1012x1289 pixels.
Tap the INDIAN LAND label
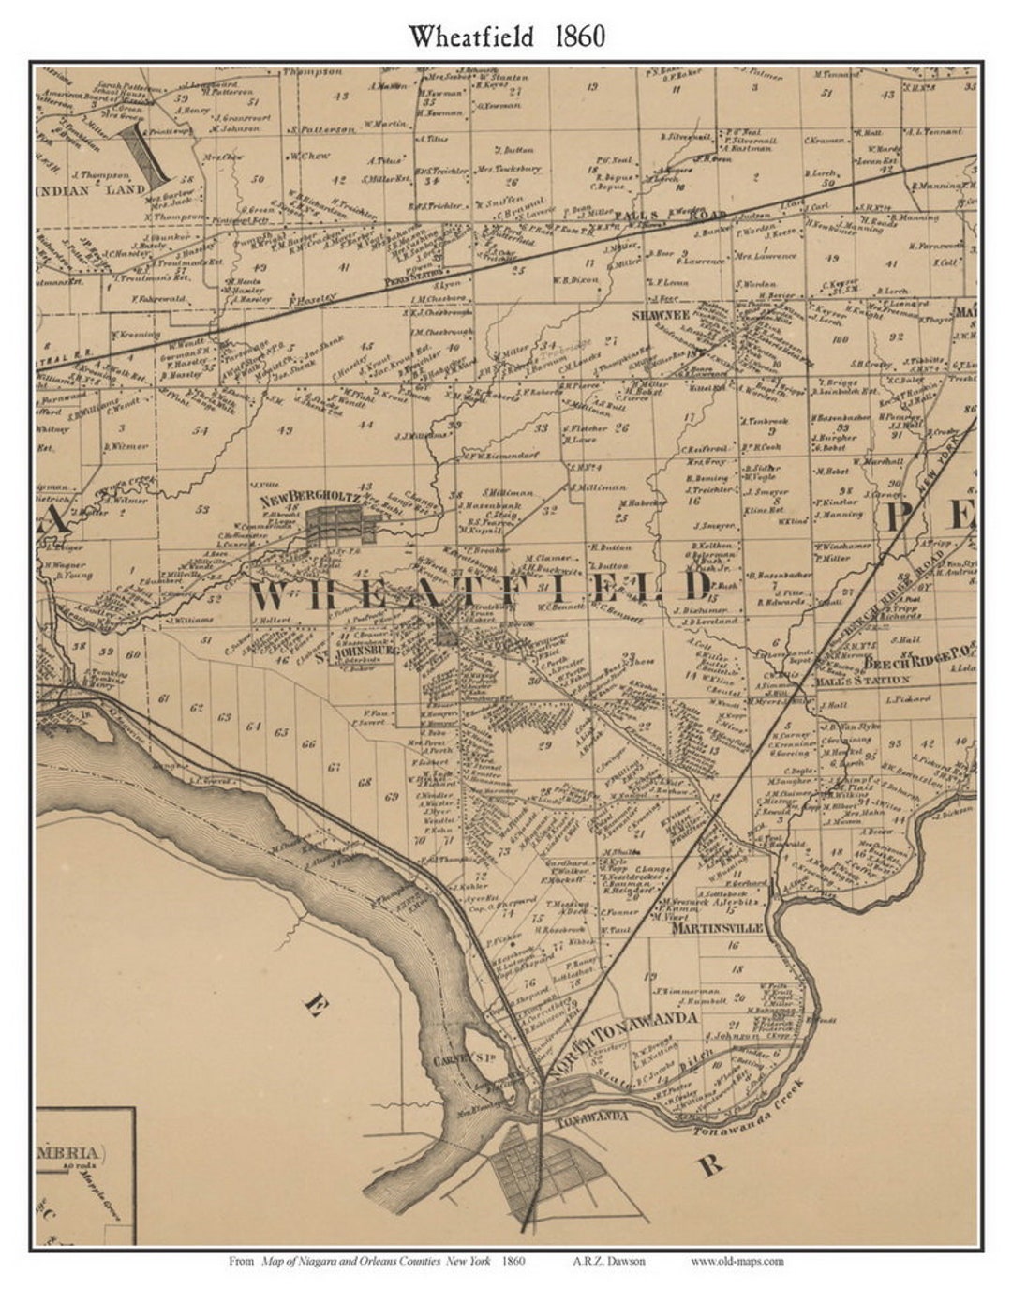(x=91, y=190)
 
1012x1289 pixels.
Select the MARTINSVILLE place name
(x=718, y=927)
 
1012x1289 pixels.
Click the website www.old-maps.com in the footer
(x=737, y=1261)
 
